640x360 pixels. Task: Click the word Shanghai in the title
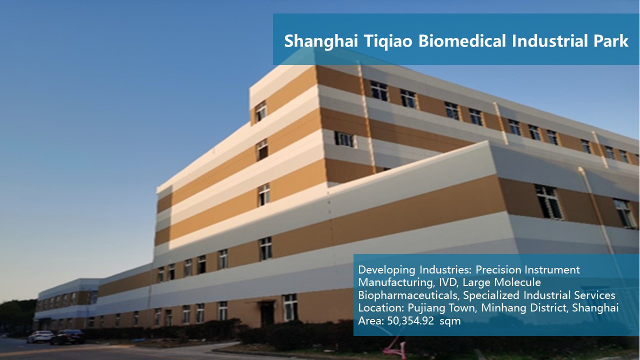[321, 41]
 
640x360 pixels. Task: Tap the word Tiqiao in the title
[388, 41]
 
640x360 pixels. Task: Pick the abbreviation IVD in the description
[449, 282]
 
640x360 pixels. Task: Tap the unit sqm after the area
[450, 322]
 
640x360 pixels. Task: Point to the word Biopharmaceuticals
[408, 295]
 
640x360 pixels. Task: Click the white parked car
[40, 336]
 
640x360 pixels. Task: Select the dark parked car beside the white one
[67, 337]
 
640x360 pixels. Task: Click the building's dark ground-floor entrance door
[267, 314]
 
